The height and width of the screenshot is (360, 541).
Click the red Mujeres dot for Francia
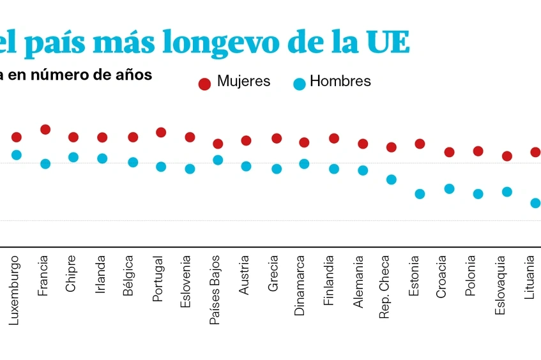45,130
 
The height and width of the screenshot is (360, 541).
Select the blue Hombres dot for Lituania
535,203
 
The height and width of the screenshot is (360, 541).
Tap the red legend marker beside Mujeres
204,84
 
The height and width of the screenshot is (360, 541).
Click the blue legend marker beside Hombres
299,84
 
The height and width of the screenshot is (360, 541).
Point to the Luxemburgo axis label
14,290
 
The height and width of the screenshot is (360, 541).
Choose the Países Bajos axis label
215,290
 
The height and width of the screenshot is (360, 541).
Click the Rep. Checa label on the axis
385,287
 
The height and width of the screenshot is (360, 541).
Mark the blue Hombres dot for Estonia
420,194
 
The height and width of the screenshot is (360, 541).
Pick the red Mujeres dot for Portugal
161,132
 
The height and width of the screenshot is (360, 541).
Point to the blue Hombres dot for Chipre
73,157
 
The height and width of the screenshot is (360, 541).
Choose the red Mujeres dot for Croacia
449,152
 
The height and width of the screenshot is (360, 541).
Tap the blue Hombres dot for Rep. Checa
391,179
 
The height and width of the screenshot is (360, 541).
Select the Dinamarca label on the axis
300,285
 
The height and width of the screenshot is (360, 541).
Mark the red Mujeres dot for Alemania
363,144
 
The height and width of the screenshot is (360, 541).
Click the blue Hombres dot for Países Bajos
218,160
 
